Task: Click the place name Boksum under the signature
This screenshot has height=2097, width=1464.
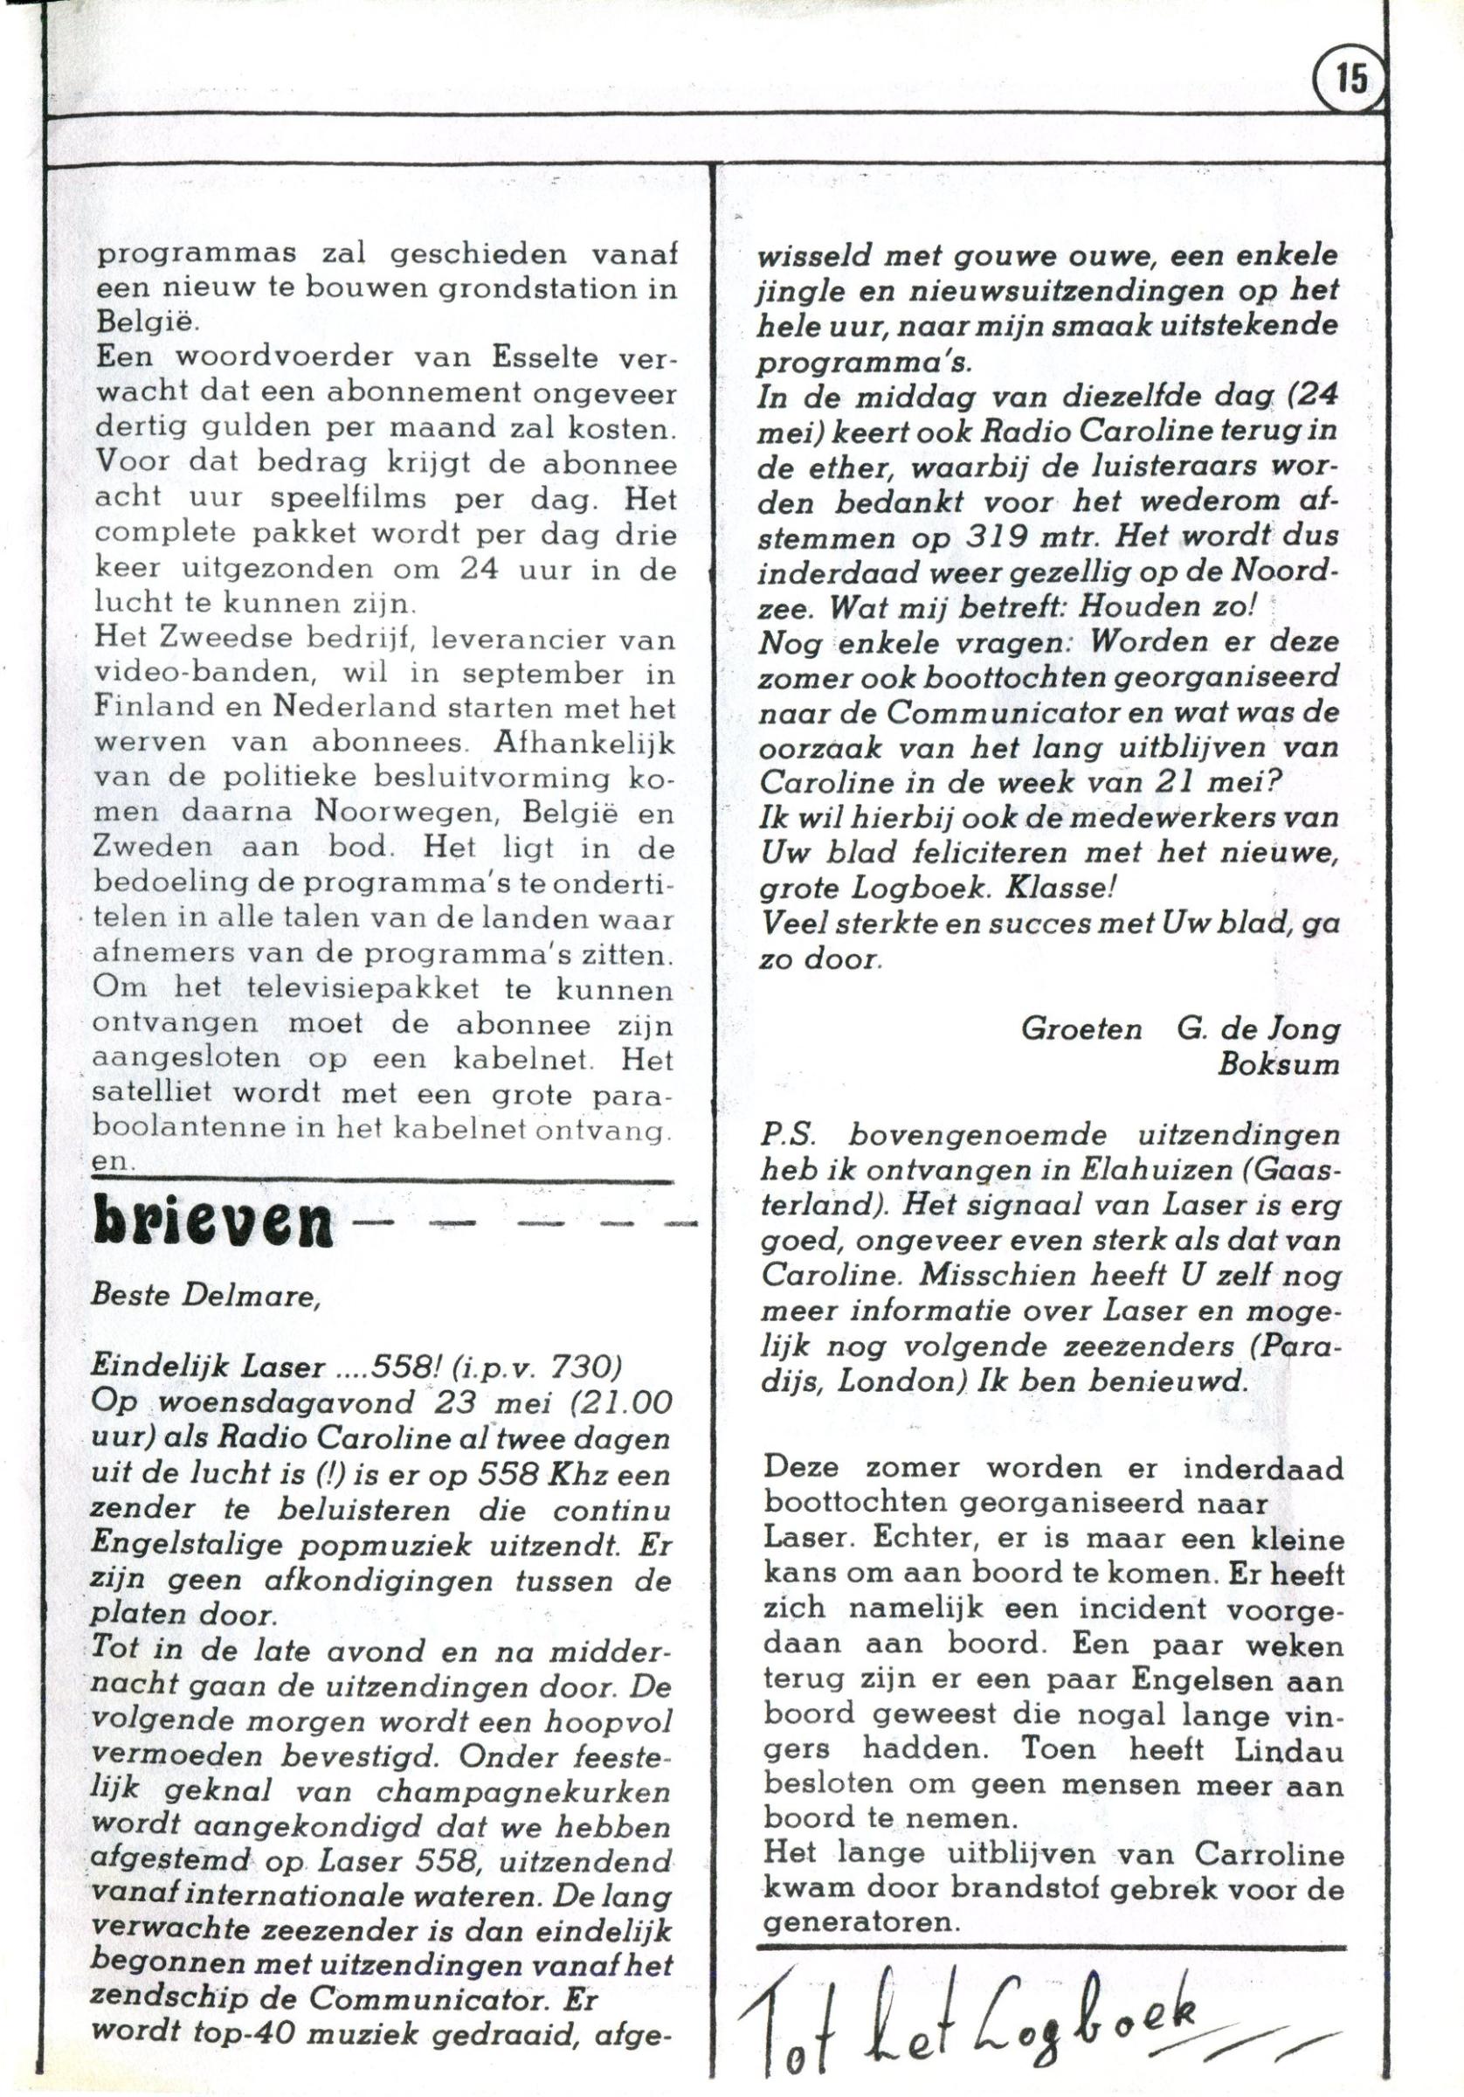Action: (x=1279, y=1065)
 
